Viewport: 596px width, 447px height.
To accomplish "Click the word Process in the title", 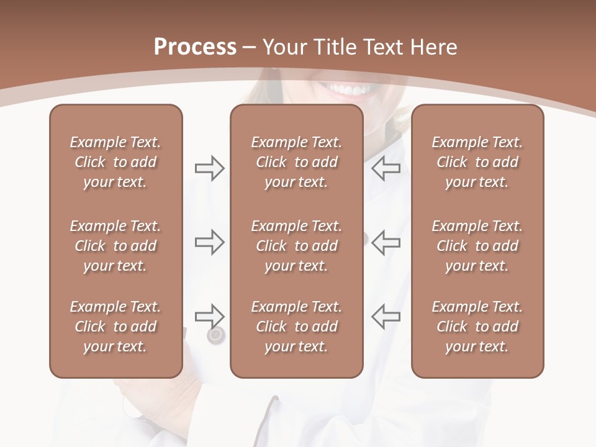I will coord(195,47).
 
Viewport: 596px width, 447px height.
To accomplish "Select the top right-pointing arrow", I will coord(209,168).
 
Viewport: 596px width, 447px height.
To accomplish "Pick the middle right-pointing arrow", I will coord(209,242).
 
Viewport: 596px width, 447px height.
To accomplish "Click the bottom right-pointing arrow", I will coord(209,316).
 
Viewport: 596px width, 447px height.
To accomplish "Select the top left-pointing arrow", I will coord(386,168).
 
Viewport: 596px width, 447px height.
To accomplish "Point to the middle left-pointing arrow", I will coord(386,242).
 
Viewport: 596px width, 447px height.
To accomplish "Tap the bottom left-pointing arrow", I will coord(386,316).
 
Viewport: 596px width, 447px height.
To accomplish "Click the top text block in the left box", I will coord(115,162).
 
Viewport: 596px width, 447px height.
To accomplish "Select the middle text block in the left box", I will coord(115,246).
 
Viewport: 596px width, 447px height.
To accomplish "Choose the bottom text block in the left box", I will coord(115,327).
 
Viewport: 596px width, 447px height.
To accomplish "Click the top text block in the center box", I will coord(296,162).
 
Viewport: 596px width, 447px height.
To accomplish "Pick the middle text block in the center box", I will coord(296,246).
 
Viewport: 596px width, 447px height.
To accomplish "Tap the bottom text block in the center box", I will coord(296,327).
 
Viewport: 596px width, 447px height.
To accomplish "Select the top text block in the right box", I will coord(477,162).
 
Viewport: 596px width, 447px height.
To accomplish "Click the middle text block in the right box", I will coord(477,246).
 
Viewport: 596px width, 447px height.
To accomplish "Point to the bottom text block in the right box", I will coord(477,327).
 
